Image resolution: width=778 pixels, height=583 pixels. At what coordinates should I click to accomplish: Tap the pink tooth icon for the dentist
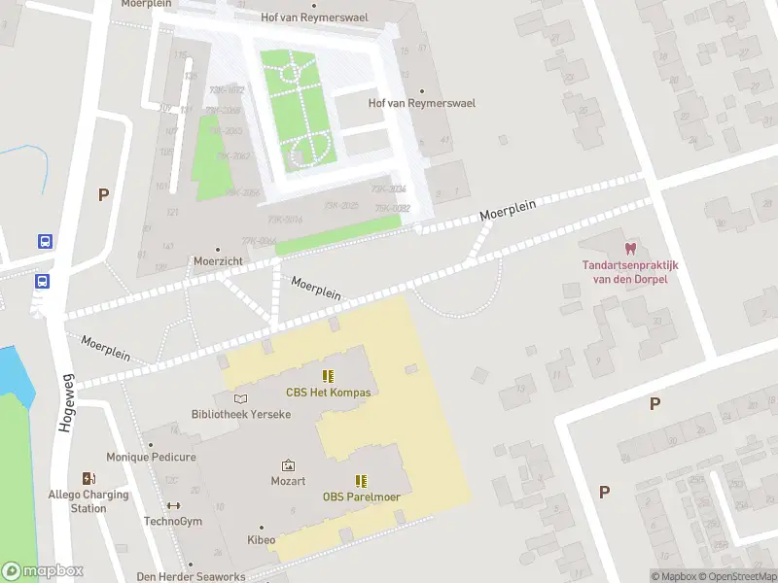point(629,250)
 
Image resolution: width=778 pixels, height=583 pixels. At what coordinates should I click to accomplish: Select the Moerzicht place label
point(217,262)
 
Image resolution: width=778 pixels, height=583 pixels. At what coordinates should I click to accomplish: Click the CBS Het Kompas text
point(328,393)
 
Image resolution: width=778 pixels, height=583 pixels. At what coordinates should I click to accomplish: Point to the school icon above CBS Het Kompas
point(328,376)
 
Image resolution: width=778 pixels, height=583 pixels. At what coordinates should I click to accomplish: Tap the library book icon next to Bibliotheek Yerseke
point(240,398)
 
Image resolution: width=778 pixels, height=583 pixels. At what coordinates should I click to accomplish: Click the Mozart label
point(288,481)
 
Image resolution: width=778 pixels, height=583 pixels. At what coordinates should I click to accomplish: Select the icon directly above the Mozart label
point(288,465)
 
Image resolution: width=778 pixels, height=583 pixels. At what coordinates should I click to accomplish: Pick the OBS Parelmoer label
point(362,497)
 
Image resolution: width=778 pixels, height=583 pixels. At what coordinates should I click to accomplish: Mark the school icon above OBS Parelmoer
point(362,480)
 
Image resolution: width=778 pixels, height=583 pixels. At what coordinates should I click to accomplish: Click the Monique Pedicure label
point(151,457)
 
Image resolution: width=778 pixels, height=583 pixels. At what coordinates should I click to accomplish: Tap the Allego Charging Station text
point(88,501)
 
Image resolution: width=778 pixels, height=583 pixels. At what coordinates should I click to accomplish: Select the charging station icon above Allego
point(88,478)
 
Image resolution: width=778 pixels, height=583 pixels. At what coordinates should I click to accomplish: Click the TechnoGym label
point(173,521)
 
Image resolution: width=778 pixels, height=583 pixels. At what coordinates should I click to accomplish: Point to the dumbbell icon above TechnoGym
point(173,505)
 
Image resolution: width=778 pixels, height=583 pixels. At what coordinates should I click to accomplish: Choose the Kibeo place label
point(261,539)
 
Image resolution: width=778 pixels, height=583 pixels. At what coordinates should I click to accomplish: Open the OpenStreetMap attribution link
point(735,576)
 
